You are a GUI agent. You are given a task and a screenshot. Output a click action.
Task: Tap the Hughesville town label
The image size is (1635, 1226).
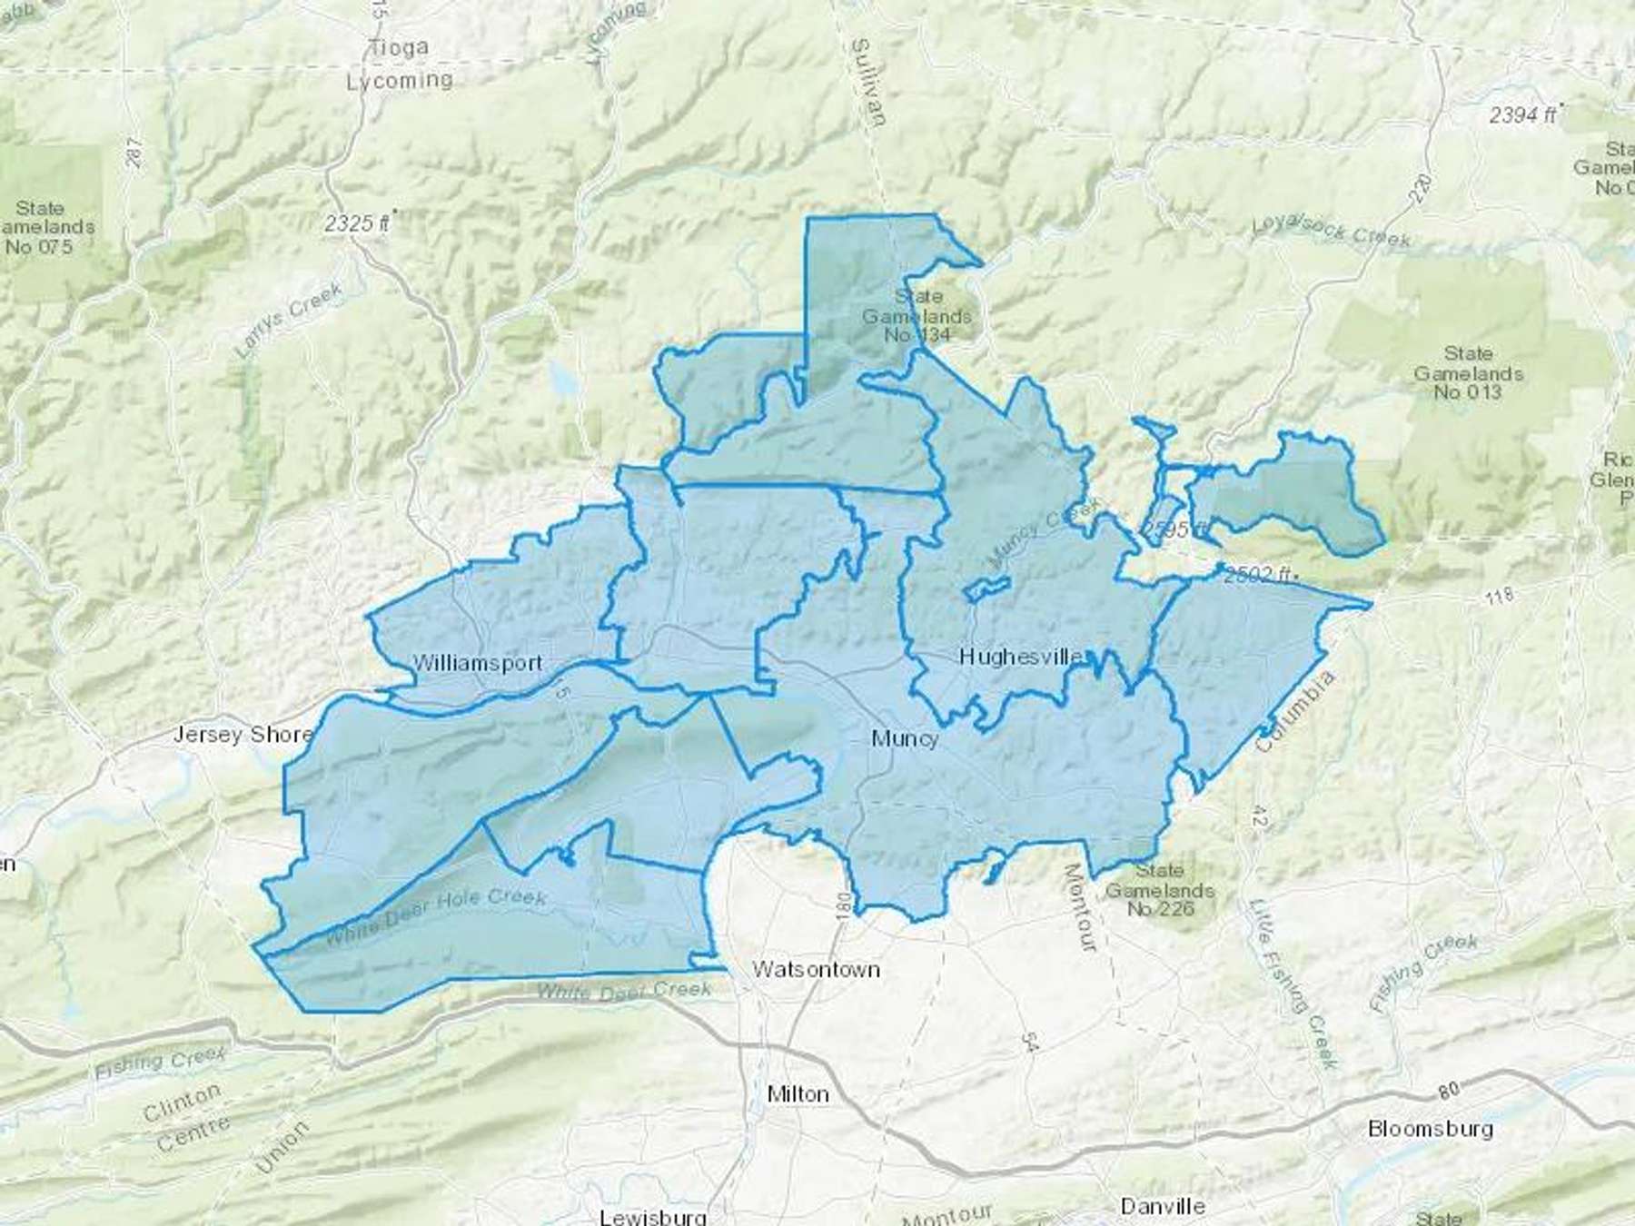tap(1021, 656)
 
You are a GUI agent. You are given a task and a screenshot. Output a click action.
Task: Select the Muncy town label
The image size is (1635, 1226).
tap(904, 738)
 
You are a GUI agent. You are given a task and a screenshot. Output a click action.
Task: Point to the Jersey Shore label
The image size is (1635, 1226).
tap(243, 734)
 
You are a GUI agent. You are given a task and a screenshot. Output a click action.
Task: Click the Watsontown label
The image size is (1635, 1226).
tap(816, 969)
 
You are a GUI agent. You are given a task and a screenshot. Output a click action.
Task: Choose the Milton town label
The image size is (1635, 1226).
tap(798, 1093)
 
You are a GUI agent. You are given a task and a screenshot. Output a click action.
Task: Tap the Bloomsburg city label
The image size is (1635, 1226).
tap(1430, 1129)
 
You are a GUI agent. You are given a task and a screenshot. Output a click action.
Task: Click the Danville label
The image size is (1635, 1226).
tap(1163, 1206)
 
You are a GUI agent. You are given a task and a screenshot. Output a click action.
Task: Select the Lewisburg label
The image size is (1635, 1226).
tap(653, 1215)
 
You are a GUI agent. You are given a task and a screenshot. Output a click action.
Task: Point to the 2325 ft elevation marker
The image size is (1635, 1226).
tap(361, 222)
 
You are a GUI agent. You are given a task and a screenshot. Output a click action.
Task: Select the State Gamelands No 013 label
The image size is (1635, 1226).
tap(1468, 372)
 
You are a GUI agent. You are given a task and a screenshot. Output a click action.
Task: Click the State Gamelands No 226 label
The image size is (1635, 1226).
tap(1160, 889)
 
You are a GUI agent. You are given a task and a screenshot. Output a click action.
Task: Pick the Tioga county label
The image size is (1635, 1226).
tap(400, 47)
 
